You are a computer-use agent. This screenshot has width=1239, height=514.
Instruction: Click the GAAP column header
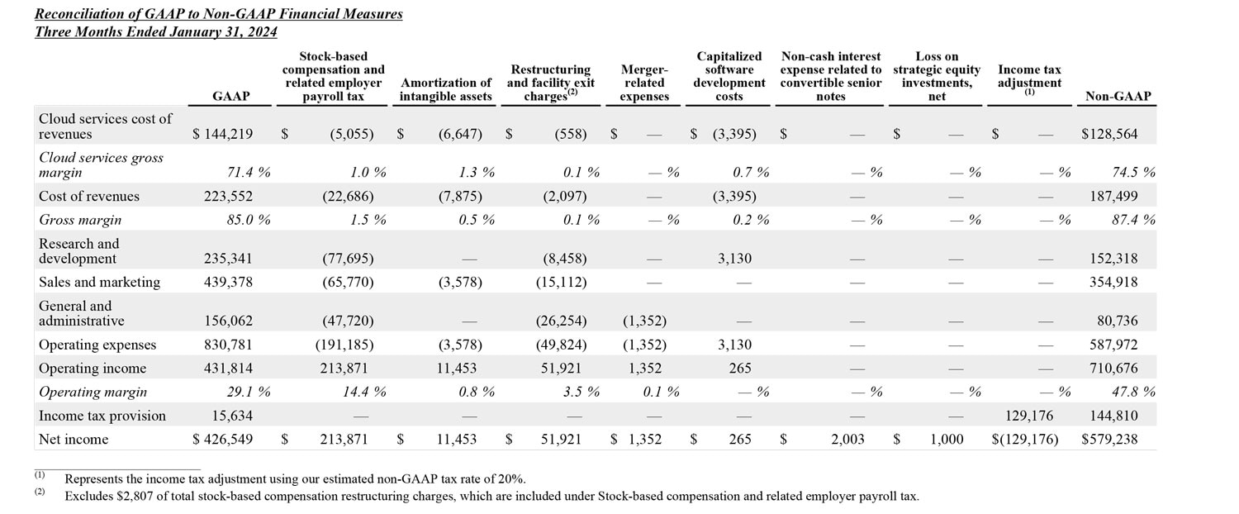tap(230, 97)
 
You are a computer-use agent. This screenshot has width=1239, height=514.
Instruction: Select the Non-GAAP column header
tap(1118, 97)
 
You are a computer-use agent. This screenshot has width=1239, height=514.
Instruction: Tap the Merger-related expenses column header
tap(643, 83)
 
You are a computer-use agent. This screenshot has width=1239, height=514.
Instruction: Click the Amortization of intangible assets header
tap(445, 89)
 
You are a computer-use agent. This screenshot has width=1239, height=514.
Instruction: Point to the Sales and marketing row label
tap(99, 283)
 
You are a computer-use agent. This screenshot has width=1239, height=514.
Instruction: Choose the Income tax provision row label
tap(102, 416)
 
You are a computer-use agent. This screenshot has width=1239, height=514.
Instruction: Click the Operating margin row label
tap(93, 392)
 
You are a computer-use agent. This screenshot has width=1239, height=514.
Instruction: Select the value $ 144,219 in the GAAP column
tap(223, 134)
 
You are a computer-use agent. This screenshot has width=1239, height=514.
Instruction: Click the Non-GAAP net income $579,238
tap(1108, 440)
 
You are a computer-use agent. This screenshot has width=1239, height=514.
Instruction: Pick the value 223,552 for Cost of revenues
tap(229, 197)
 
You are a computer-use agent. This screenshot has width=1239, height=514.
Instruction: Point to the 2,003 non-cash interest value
tap(847, 440)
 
